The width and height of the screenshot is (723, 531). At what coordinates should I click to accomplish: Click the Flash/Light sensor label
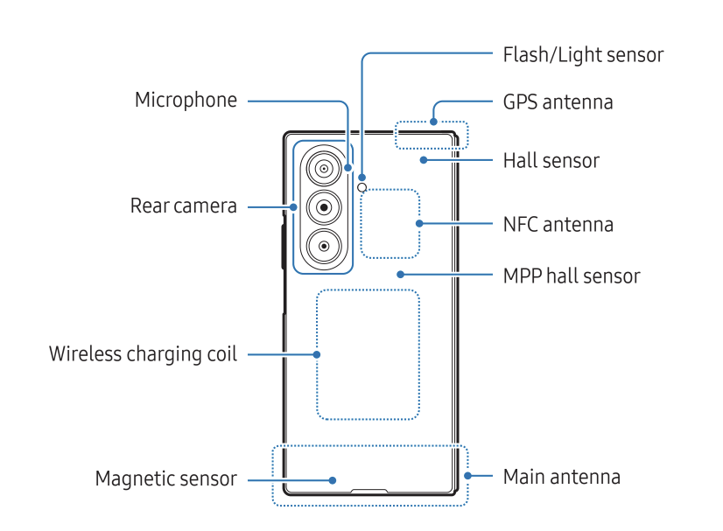(583, 55)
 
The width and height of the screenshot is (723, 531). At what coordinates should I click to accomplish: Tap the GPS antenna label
(558, 101)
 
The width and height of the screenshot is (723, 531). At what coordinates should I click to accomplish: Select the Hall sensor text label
(551, 161)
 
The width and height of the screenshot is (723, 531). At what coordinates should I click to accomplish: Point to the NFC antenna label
(558, 224)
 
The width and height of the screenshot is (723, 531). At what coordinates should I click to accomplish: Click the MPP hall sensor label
(572, 276)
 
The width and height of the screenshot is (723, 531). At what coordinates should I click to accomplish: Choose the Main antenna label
(561, 477)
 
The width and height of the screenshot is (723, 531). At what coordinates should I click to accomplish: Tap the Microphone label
(186, 100)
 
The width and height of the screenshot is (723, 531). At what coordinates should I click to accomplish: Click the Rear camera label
(184, 206)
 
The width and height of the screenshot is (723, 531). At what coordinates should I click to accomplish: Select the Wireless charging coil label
(143, 354)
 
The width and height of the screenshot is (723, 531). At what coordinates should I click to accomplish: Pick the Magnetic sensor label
(165, 479)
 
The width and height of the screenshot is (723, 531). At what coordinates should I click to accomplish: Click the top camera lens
(324, 168)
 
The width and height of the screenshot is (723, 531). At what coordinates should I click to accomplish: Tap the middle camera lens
(324, 207)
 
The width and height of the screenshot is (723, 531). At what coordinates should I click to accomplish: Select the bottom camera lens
(324, 247)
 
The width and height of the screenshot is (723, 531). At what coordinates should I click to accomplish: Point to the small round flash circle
(362, 186)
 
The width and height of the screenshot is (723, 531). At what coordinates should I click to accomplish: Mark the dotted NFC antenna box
(390, 223)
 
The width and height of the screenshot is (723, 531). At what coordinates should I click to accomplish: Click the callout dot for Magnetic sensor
(333, 479)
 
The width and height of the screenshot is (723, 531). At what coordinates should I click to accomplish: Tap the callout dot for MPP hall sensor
(399, 275)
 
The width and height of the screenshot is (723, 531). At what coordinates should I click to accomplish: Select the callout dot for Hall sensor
(423, 160)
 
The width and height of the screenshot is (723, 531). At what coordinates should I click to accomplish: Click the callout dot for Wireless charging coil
(317, 354)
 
